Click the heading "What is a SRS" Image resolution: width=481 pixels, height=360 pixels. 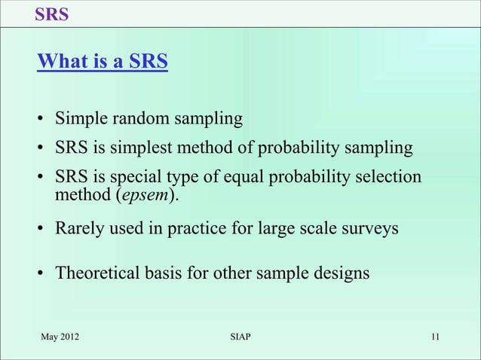(x=103, y=61)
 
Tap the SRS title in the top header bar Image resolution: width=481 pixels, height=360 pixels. (x=52, y=14)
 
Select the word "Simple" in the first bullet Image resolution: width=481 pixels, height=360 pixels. (x=81, y=118)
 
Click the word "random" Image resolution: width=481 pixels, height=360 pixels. (x=139, y=118)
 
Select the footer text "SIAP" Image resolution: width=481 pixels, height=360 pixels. (x=240, y=336)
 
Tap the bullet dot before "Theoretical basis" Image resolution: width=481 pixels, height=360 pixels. (x=43, y=273)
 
